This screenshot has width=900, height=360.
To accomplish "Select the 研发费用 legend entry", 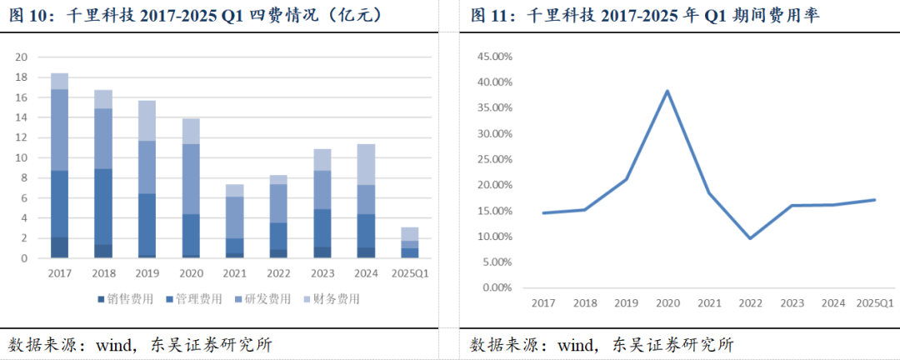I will tap(268, 298).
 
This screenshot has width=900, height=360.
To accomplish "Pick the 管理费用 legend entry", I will tap(196, 298).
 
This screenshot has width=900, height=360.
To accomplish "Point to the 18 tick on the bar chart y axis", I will tap(22, 77).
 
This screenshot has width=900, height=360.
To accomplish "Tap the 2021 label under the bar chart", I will tap(235, 272).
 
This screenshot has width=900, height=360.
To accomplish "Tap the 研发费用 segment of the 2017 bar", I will tap(60, 130).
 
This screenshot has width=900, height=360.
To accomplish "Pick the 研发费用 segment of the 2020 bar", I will tap(190, 179).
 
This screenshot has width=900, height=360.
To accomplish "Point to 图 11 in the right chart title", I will tap(488, 15).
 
